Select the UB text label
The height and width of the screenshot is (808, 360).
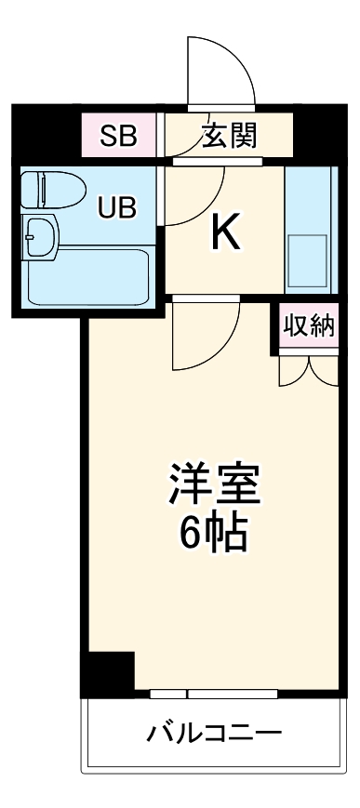(117, 207)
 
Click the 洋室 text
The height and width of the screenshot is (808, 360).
(213, 483)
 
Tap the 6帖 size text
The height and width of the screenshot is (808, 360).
(213, 532)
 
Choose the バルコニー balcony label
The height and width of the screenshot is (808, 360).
(214, 734)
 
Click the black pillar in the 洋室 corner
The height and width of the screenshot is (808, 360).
(108, 672)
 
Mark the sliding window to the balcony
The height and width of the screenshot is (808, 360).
(214, 694)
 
